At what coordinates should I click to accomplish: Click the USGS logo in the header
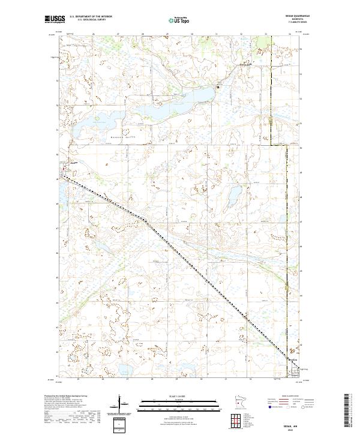[54, 20]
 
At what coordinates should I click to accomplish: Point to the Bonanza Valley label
[121, 137]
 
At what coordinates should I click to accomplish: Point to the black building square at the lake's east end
[218, 88]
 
